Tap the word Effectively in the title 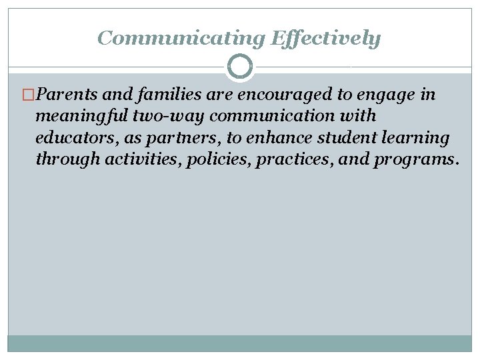[325, 38]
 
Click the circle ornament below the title [240, 67]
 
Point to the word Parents [65, 95]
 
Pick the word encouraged [263, 95]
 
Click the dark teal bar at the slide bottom [240, 343]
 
